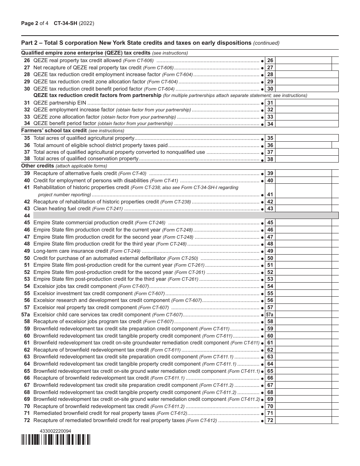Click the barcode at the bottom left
pyautogui.click(x=56, y=439)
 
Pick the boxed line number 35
pyautogui.click(x=270, y=138)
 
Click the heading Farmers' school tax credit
pyautogui.click(x=54, y=131)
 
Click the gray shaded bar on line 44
pyautogui.click(x=186, y=216)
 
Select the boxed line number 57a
pyautogui.click(x=270, y=315)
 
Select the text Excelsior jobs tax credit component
pyautogui.click(x=75, y=286)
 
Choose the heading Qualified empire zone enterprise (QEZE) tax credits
pyautogui.click(x=86, y=53)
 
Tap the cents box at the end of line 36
pyautogui.click(x=335, y=145)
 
